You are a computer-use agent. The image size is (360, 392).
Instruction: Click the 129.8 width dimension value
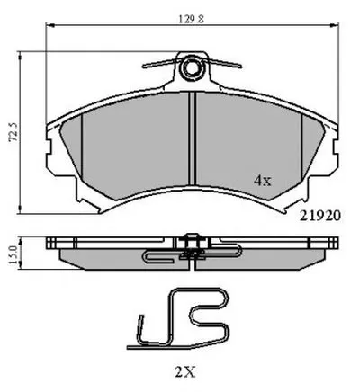tap(192, 19)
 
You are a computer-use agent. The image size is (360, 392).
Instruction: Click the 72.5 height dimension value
tap(13, 131)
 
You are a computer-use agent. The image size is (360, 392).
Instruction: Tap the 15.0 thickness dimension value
tap(13, 254)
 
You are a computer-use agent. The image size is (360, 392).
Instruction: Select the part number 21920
tap(320, 216)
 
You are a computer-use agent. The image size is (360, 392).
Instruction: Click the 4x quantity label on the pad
tap(263, 181)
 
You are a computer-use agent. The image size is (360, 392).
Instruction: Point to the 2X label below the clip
tap(184, 372)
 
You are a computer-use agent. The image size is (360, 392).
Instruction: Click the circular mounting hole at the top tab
tap(191, 68)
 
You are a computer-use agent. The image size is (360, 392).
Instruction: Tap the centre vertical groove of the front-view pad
tap(192, 138)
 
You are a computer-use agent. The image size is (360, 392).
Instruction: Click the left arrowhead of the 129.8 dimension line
tap(49, 25)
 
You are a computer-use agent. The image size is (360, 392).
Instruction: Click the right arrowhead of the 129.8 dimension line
tap(335, 25)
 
